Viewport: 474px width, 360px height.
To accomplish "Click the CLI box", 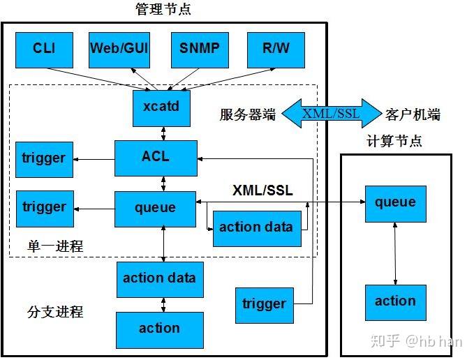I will point(44,49).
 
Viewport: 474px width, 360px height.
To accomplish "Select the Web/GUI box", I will point(119,49).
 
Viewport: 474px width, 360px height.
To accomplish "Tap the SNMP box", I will point(200,49).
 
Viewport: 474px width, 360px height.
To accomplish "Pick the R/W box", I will point(276,49).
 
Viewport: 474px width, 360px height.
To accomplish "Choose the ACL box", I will point(156,158).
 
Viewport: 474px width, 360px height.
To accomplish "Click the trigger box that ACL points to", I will point(44,158).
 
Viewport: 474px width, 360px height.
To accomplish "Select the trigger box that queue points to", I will point(44,207).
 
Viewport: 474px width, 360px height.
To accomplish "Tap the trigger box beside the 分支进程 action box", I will point(264,304).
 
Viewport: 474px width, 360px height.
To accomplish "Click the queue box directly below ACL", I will point(156,207).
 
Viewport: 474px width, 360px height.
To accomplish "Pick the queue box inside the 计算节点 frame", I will point(395,203).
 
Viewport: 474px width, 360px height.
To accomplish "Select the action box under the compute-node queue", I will point(395,302).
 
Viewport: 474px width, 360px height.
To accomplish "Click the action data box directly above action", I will point(160,278).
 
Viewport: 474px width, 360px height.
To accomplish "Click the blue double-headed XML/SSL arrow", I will point(331,114).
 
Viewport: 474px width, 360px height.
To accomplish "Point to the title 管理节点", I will point(163,9).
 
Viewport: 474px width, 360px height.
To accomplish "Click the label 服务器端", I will point(248,115).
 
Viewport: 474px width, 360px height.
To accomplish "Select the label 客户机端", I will point(413,115).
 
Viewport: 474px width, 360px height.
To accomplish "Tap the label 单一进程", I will point(55,246).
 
